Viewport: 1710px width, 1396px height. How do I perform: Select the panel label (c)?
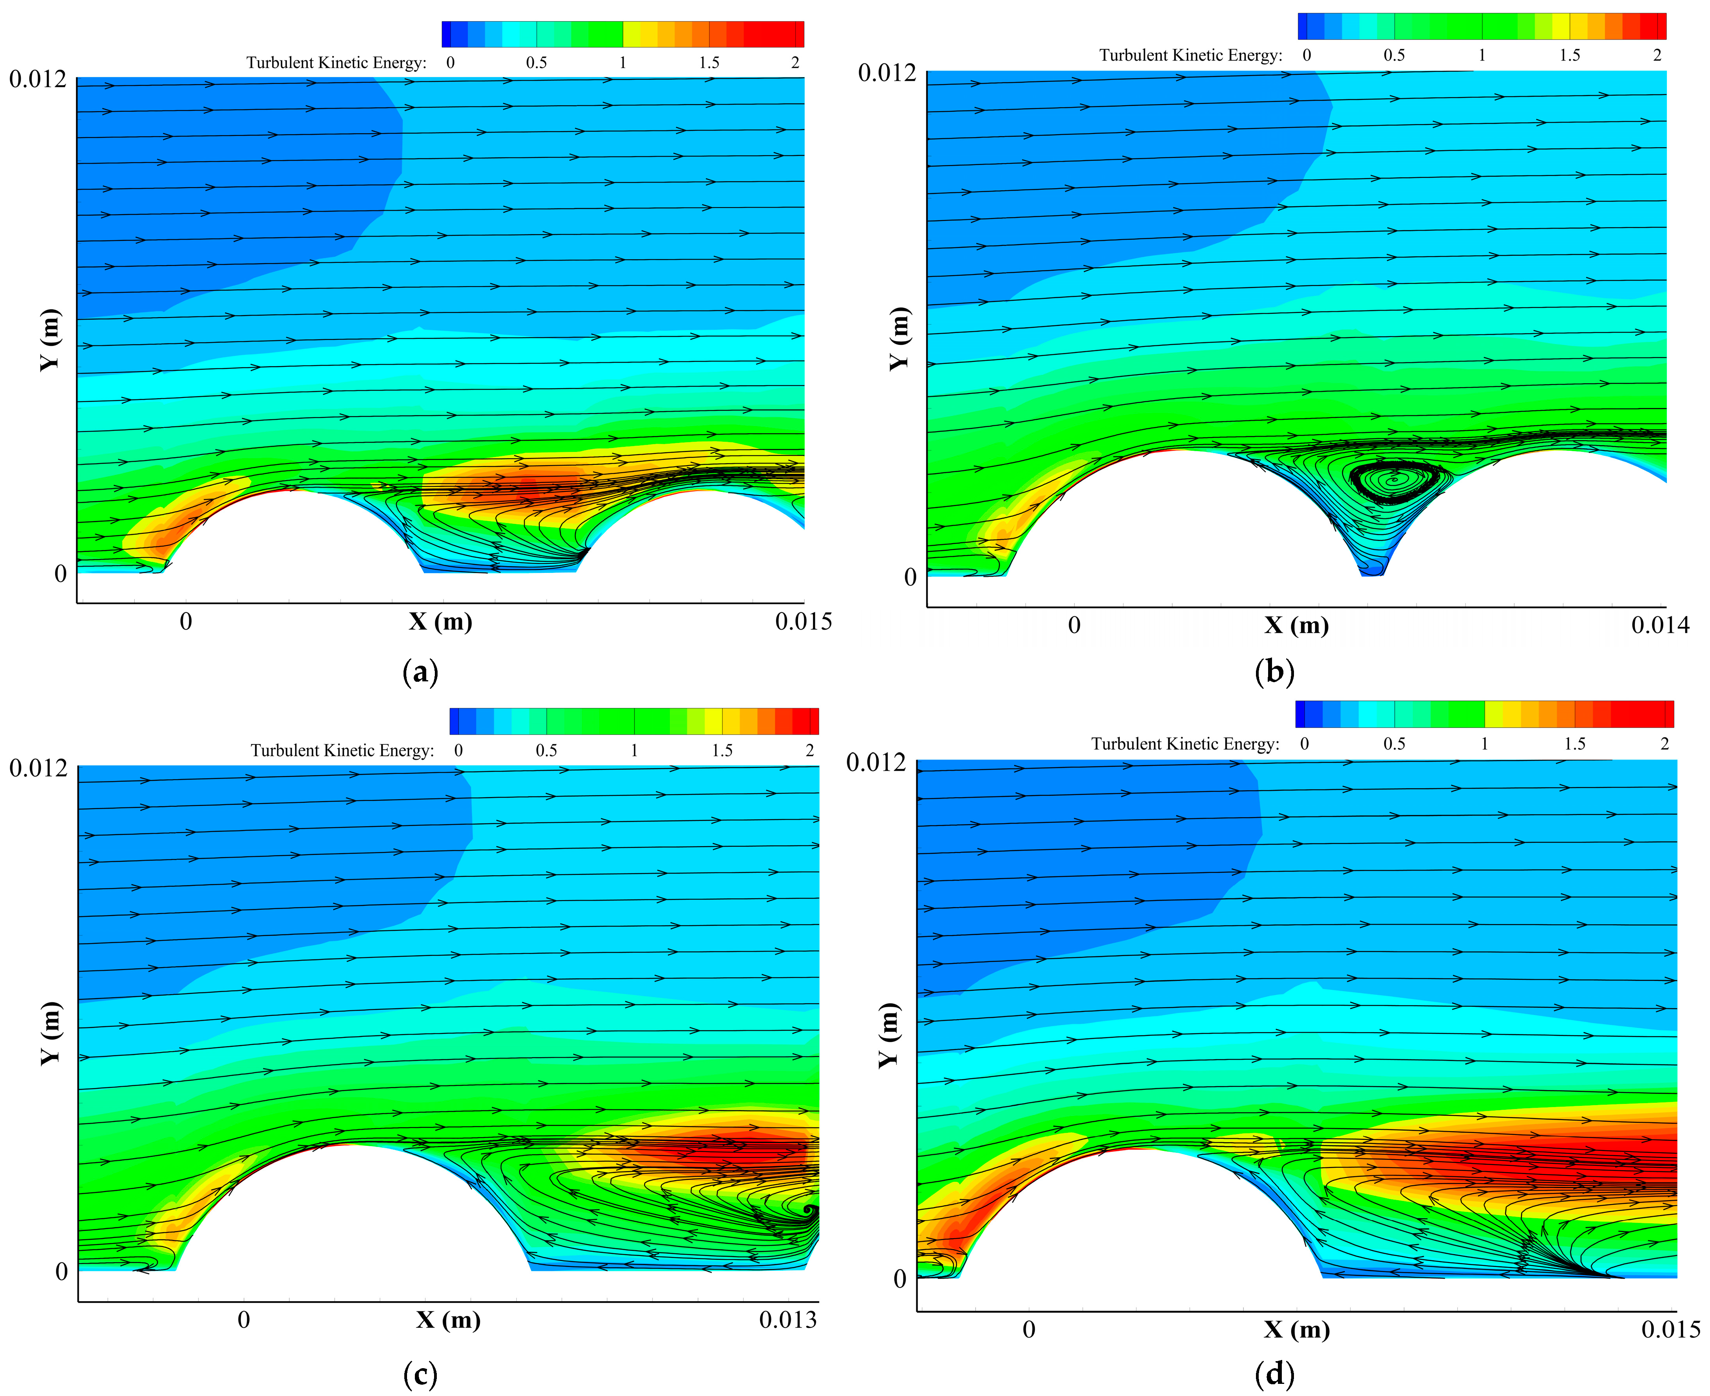(420, 1375)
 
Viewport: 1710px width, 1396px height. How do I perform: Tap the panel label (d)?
(1274, 1375)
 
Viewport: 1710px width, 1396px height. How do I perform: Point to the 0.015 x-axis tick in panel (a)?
(803, 621)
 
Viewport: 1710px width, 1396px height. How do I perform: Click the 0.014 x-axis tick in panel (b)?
(1660, 626)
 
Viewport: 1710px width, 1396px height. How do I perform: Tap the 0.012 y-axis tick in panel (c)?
(38, 768)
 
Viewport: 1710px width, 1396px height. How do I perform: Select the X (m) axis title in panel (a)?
(440, 621)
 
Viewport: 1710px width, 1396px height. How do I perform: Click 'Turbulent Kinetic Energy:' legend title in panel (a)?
(336, 63)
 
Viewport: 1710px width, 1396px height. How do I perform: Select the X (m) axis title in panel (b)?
(1296, 626)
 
